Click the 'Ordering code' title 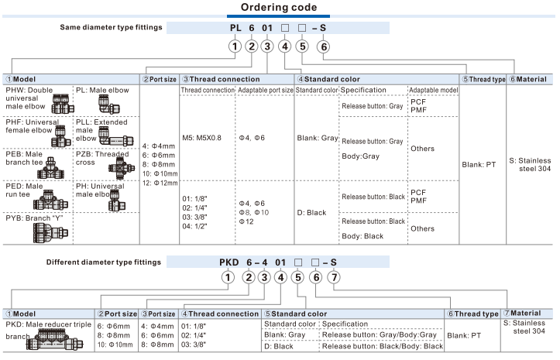tap(278, 8)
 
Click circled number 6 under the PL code tap(325, 46)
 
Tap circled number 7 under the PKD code tap(334, 277)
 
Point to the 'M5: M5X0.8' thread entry tap(201, 137)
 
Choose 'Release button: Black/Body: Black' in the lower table tap(382, 346)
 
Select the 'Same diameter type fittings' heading tap(111, 27)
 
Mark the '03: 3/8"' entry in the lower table tap(194, 345)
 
